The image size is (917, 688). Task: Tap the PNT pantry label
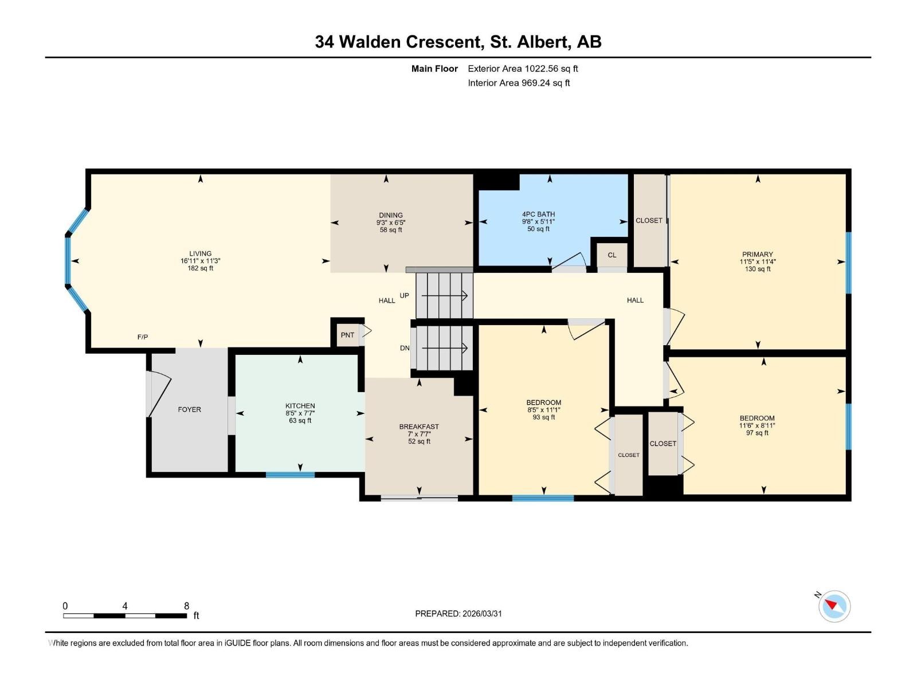pyautogui.click(x=347, y=335)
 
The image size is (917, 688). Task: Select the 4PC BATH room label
pyautogui.click(x=538, y=214)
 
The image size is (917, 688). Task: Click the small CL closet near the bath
pyautogui.click(x=612, y=255)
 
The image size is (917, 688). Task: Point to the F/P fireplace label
pyautogui.click(x=143, y=337)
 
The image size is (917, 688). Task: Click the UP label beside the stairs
pyautogui.click(x=404, y=296)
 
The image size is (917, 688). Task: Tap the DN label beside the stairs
pyautogui.click(x=405, y=348)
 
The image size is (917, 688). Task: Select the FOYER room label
pyautogui.click(x=189, y=409)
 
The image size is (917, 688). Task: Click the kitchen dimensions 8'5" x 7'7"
pyautogui.click(x=300, y=413)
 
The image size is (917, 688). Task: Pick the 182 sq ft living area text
pyautogui.click(x=201, y=268)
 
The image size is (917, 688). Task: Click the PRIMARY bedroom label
pyautogui.click(x=758, y=254)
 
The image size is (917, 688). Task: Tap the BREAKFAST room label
pyautogui.click(x=419, y=427)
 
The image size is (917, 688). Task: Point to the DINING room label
pyautogui.click(x=390, y=215)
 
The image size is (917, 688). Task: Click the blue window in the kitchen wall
pyautogui.click(x=290, y=475)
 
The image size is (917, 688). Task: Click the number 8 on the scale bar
pyautogui.click(x=186, y=606)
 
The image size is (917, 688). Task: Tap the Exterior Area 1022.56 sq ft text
pyautogui.click(x=523, y=69)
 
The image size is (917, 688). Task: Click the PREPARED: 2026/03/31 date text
pyautogui.click(x=458, y=613)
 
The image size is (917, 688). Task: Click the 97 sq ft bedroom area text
pyautogui.click(x=758, y=433)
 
